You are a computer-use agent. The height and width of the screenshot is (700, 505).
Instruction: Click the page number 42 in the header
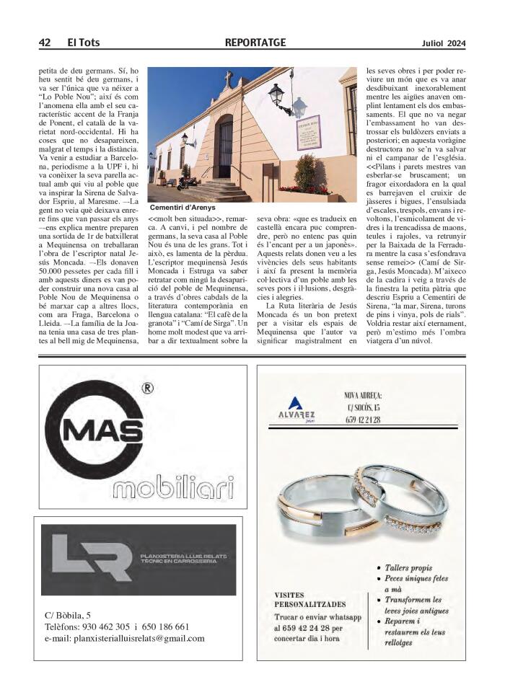coord(44,43)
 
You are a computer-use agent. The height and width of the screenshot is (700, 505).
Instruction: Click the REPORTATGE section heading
coord(255,43)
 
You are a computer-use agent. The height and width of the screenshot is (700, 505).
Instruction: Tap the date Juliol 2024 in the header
coord(444,43)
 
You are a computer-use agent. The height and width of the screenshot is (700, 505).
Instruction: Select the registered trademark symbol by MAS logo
coord(147,389)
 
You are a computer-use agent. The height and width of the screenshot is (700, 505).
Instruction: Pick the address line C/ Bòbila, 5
coord(68,615)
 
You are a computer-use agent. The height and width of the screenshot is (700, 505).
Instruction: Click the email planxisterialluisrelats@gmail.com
coord(125,638)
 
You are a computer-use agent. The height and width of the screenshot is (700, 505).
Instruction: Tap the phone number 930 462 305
coord(101,626)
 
